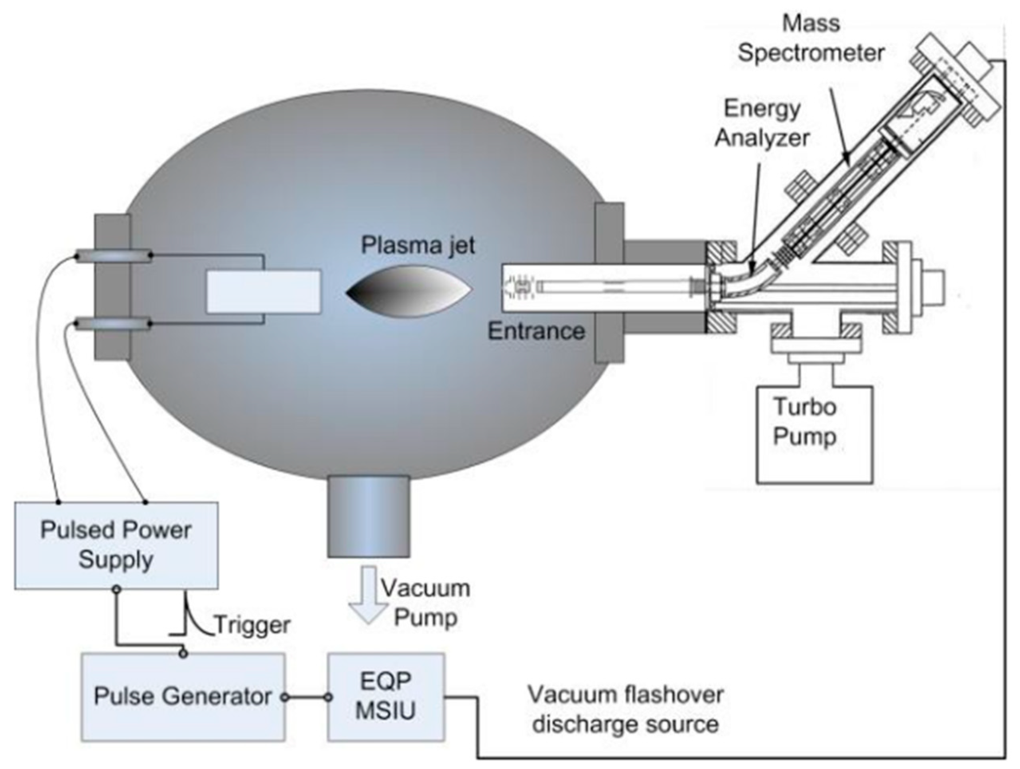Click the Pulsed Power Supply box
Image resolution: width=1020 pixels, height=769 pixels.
tap(116, 545)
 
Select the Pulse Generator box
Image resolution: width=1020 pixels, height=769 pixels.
tap(183, 696)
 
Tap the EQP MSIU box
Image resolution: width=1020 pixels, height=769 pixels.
tap(386, 696)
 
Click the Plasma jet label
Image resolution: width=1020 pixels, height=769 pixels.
tap(418, 246)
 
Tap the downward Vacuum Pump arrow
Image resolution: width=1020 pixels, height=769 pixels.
tap(368, 595)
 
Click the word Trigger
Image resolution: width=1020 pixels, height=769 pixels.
tap(253, 625)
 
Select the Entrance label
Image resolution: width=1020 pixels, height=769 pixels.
tap(536, 331)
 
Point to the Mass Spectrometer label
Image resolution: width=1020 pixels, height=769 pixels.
tap(811, 38)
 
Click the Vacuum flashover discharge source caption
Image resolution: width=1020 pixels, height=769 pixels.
tap(625, 710)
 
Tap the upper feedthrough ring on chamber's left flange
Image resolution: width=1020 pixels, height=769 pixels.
tap(113, 256)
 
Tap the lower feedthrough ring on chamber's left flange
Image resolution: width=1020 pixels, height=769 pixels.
tap(113, 324)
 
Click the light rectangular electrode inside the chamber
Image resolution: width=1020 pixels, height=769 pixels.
tap(263, 292)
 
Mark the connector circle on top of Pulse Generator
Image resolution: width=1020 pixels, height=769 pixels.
tap(183, 654)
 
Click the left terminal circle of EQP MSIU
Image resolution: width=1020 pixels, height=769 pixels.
tap(328, 697)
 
